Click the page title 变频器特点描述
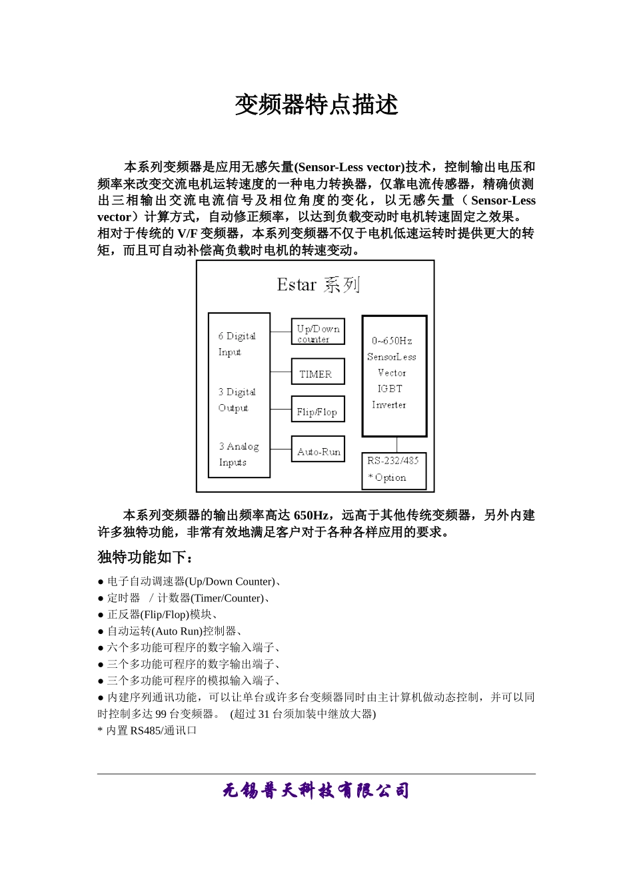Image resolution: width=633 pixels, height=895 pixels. (316, 105)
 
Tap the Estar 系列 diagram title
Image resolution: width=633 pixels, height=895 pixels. (318, 285)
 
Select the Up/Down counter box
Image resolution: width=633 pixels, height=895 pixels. (318, 332)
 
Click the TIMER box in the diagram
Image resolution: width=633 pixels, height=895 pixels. (317, 372)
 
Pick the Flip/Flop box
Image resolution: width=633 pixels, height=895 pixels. (317, 410)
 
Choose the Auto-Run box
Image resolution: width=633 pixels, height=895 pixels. (318, 449)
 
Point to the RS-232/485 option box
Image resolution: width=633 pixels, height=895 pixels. (393, 470)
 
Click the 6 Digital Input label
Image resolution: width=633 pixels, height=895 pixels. (237, 344)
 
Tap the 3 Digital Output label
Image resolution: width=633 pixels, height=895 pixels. (237, 400)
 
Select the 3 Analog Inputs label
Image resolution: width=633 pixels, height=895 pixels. (238, 454)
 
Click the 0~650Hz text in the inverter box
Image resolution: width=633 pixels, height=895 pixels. (392, 341)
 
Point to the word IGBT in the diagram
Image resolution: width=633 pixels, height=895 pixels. (390, 389)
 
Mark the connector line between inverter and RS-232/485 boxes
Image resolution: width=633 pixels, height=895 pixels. (397, 445)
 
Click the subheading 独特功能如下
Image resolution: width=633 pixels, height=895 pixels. (145, 557)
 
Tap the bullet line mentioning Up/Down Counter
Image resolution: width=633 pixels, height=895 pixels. (190, 581)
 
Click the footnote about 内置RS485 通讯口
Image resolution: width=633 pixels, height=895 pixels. (147, 731)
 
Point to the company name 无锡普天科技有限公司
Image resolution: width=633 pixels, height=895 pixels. (316, 791)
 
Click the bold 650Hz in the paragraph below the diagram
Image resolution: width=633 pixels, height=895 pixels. (311, 515)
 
